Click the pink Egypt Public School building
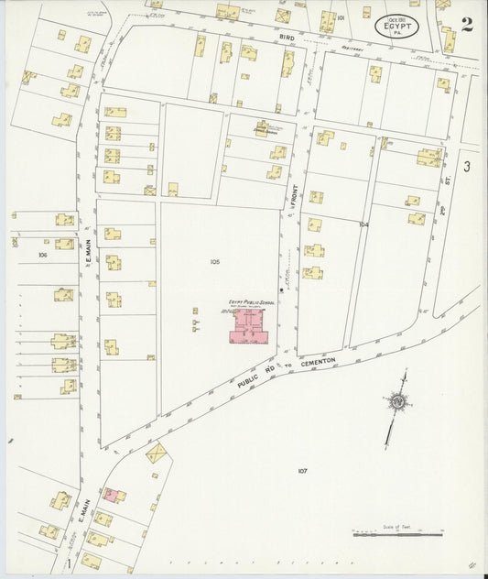point(250,327)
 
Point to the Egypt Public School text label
point(251,302)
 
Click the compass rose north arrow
point(396,404)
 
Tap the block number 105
point(214,262)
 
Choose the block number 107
point(303,471)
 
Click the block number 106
point(42,254)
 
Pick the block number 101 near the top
point(341,17)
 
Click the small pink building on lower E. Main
point(112,496)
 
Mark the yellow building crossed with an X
point(157,453)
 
